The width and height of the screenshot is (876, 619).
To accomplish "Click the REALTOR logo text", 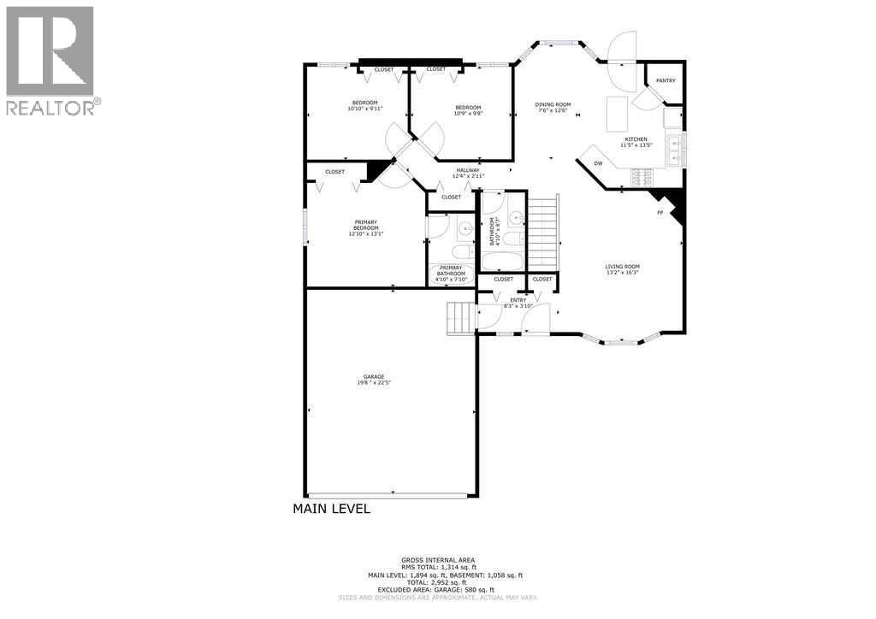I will click(x=50, y=108).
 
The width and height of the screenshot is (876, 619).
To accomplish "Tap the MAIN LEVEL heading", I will click(x=331, y=509).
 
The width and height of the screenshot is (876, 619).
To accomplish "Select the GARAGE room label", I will click(x=372, y=376).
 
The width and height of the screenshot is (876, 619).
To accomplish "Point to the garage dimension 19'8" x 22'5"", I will click(x=372, y=383).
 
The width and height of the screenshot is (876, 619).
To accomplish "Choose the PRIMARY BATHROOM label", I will click(x=451, y=270).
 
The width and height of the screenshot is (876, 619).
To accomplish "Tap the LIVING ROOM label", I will click(x=622, y=267).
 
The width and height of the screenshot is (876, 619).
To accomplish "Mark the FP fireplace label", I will click(x=660, y=212).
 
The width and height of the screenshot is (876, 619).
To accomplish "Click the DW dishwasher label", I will click(x=599, y=163).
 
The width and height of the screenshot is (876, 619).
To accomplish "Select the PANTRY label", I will click(x=666, y=80).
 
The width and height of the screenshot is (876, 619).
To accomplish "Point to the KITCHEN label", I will click(x=636, y=139).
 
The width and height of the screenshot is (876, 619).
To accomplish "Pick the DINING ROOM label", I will click(x=553, y=104).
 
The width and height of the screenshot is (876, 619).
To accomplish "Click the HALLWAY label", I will click(x=468, y=170).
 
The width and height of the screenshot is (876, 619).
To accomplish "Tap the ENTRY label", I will click(x=518, y=300).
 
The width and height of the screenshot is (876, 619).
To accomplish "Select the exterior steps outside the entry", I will click(x=459, y=318).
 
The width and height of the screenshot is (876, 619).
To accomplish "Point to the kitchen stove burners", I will click(x=642, y=177).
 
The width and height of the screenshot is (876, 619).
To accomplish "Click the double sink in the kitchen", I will click(x=676, y=150).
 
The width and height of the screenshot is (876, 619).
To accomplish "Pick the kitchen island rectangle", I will click(x=617, y=112).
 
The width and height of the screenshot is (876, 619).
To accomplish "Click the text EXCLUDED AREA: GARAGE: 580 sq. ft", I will click(x=437, y=589).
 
